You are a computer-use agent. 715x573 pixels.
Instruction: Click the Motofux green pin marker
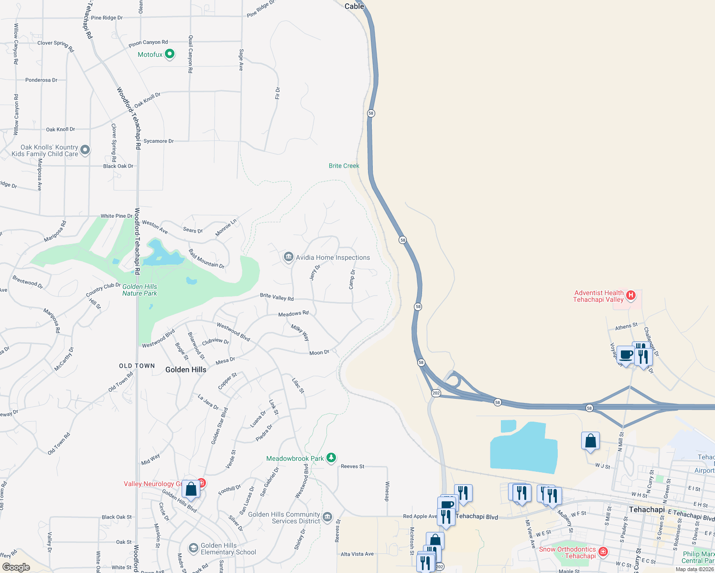click(170, 54)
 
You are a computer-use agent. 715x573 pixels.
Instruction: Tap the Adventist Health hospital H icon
click(631, 295)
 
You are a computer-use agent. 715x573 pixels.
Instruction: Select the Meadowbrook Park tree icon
click(331, 458)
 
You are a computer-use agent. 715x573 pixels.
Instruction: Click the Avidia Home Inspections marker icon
click(288, 257)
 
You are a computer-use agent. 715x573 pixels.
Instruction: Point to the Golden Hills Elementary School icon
click(194, 548)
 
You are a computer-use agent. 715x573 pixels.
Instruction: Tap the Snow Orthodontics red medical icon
click(603, 552)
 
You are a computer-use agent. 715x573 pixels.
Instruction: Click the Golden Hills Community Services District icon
click(327, 517)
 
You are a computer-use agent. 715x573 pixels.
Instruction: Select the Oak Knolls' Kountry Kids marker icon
click(85, 150)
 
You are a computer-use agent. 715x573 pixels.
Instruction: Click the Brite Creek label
click(344, 166)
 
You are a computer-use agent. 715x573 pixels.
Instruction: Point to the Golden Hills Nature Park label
click(140, 290)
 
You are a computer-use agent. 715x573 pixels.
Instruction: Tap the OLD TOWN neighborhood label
click(137, 366)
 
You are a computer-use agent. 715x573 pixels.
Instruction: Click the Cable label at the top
click(354, 6)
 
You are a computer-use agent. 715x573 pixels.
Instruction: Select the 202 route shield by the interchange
click(436, 393)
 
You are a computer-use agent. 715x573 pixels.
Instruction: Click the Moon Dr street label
click(319, 352)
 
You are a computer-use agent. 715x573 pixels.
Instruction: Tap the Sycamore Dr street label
click(159, 141)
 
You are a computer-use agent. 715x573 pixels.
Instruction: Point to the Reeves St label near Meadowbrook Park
click(353, 466)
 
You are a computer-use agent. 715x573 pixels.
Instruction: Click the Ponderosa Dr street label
click(41, 80)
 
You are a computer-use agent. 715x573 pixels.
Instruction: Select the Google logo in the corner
click(16, 567)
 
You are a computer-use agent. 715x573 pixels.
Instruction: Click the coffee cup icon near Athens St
click(625, 355)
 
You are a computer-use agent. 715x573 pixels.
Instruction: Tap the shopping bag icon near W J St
click(590, 440)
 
